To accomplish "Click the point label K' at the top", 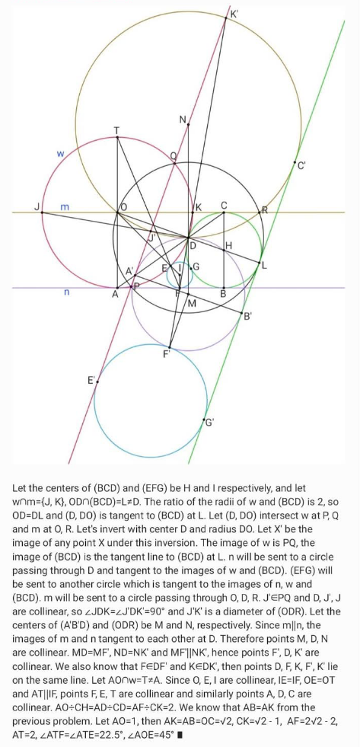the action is [x=234, y=14].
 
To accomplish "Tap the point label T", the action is [x=117, y=130].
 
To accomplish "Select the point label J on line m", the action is [x=37, y=207].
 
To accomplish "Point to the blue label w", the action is [x=60, y=154].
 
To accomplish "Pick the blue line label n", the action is [x=66, y=292].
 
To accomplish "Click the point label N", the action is [x=183, y=120].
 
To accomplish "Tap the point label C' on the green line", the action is [x=301, y=166].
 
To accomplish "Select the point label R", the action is [x=264, y=210].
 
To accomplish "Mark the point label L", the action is [x=264, y=267].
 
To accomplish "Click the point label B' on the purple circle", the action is [x=247, y=316].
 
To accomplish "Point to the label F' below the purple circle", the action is [x=167, y=355].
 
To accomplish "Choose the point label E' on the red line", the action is [x=91, y=380].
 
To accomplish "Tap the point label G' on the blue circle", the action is [x=209, y=422].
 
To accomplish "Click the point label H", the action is [x=228, y=246].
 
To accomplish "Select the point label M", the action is [x=192, y=303].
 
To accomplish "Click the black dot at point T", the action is [x=117, y=137].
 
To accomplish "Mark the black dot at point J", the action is [x=42, y=212].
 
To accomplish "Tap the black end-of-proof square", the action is [x=180, y=735].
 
